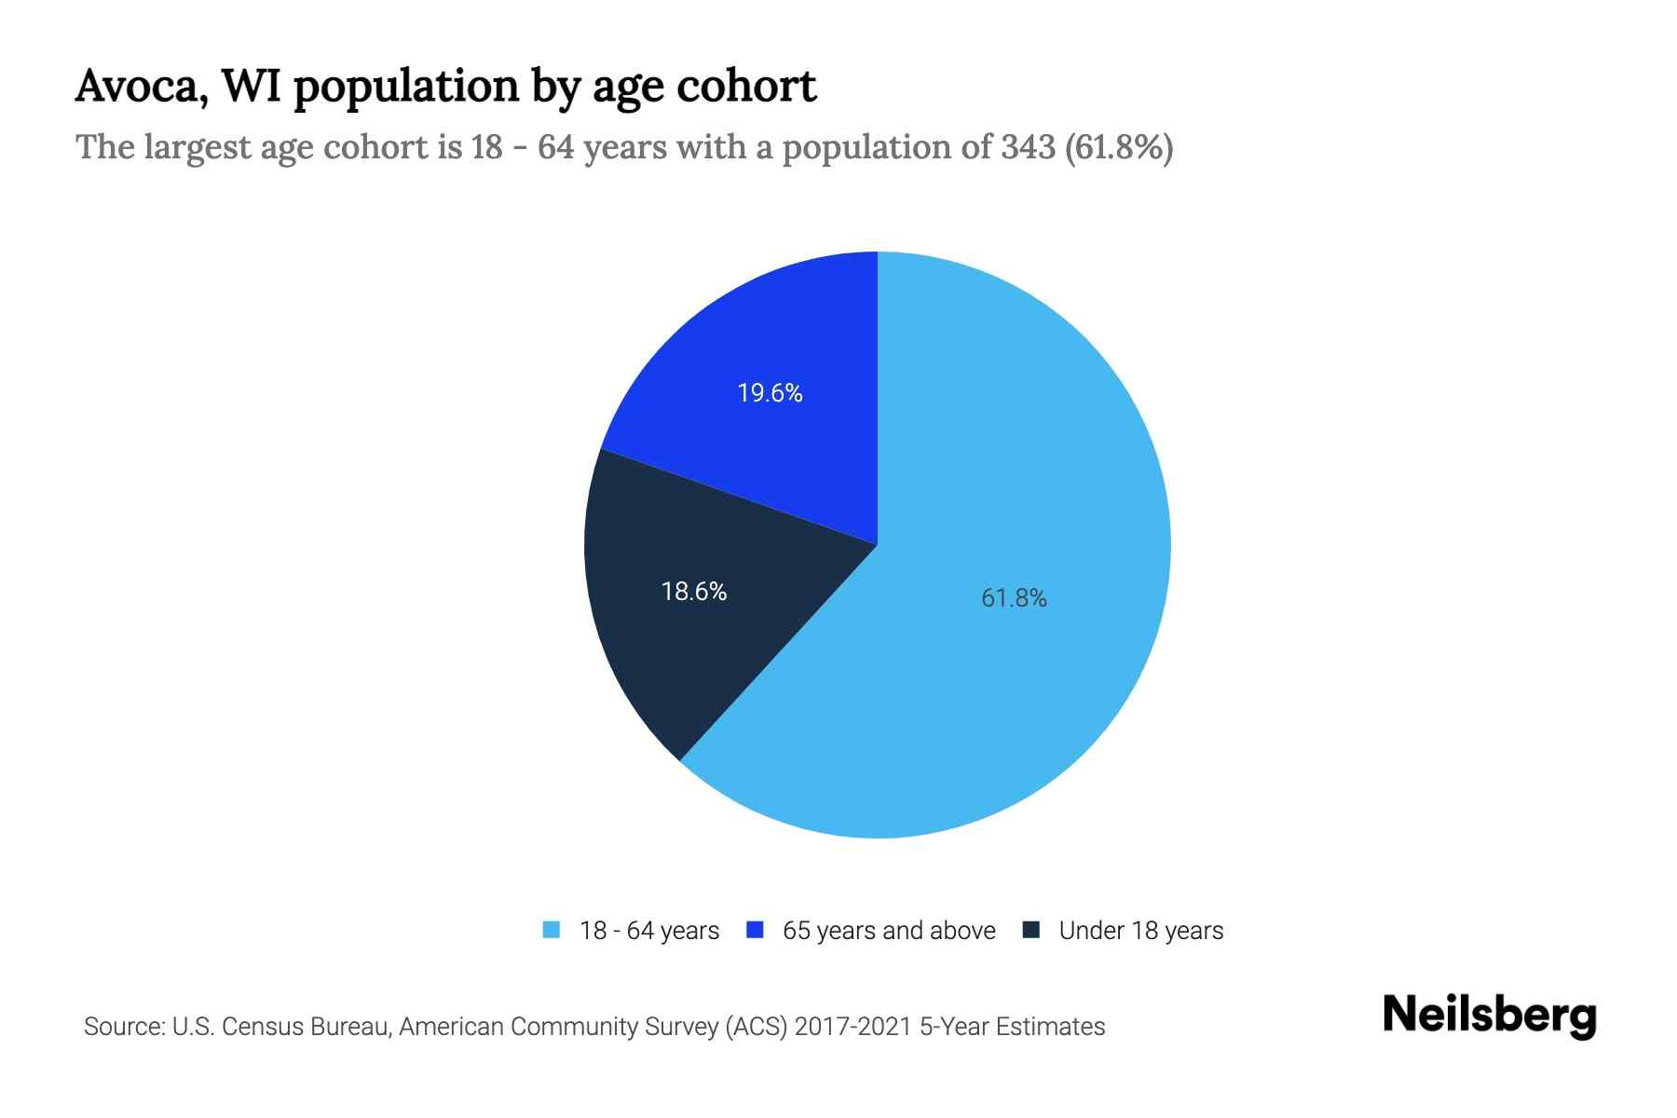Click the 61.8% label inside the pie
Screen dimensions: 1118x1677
click(1014, 598)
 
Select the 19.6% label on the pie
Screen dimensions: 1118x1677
click(770, 393)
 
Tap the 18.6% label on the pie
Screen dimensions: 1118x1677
click(694, 592)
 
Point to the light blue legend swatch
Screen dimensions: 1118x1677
click(552, 930)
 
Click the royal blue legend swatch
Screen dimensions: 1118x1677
click(756, 930)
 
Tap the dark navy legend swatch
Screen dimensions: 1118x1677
click(1031, 930)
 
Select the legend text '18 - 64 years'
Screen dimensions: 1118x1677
click(649, 931)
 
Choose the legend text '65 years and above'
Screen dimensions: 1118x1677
click(889, 931)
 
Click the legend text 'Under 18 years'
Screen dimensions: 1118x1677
click(1141, 931)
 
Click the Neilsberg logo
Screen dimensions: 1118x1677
click(1489, 1016)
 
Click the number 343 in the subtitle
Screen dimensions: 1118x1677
click(1028, 147)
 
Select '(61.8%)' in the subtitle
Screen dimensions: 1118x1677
click(1118, 147)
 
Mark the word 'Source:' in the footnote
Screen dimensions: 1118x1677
click(125, 1027)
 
